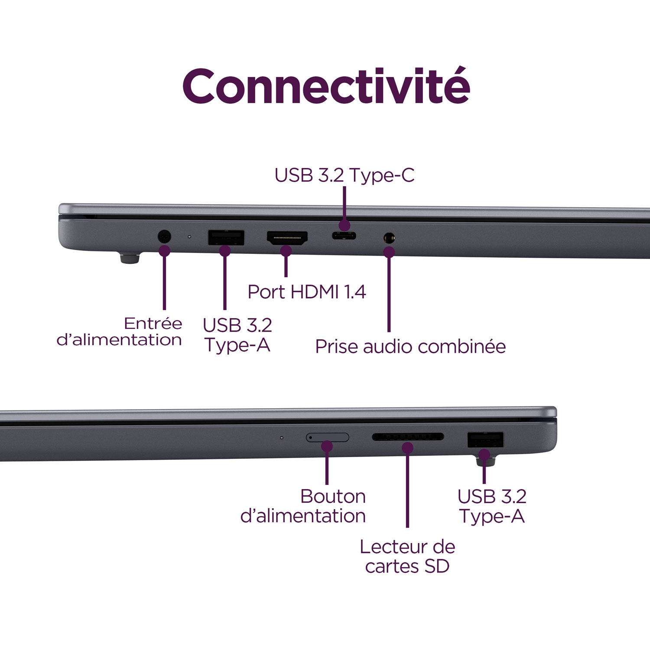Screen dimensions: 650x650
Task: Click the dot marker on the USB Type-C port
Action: [x=344, y=225]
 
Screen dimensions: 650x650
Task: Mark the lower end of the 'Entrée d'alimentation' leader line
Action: [x=164, y=309]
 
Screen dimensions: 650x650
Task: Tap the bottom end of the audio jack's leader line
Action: [x=389, y=331]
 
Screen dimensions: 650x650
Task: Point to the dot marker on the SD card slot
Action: [x=407, y=448]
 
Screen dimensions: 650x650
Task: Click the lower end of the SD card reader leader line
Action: [x=407, y=527]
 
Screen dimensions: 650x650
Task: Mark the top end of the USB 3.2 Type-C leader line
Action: [x=344, y=187]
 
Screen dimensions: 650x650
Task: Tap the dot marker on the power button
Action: [x=327, y=446]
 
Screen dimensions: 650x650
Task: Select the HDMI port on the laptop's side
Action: [x=287, y=238]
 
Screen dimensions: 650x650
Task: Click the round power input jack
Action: [x=164, y=237]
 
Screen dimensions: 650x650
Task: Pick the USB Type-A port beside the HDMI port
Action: [x=226, y=237]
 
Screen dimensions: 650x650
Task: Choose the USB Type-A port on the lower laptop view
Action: [x=485, y=440]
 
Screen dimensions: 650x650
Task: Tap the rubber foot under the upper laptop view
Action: [x=130, y=259]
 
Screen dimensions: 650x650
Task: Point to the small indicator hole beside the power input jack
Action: [x=189, y=237]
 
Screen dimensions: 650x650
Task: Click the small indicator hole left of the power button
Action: [x=282, y=438]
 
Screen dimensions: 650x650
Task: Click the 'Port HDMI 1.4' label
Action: [x=307, y=292]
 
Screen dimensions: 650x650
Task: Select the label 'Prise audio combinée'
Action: [x=410, y=346]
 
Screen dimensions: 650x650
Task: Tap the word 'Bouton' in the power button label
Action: [x=333, y=496]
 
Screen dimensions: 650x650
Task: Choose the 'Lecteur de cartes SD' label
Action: [x=407, y=556]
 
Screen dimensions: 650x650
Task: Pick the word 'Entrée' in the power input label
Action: [x=153, y=323]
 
